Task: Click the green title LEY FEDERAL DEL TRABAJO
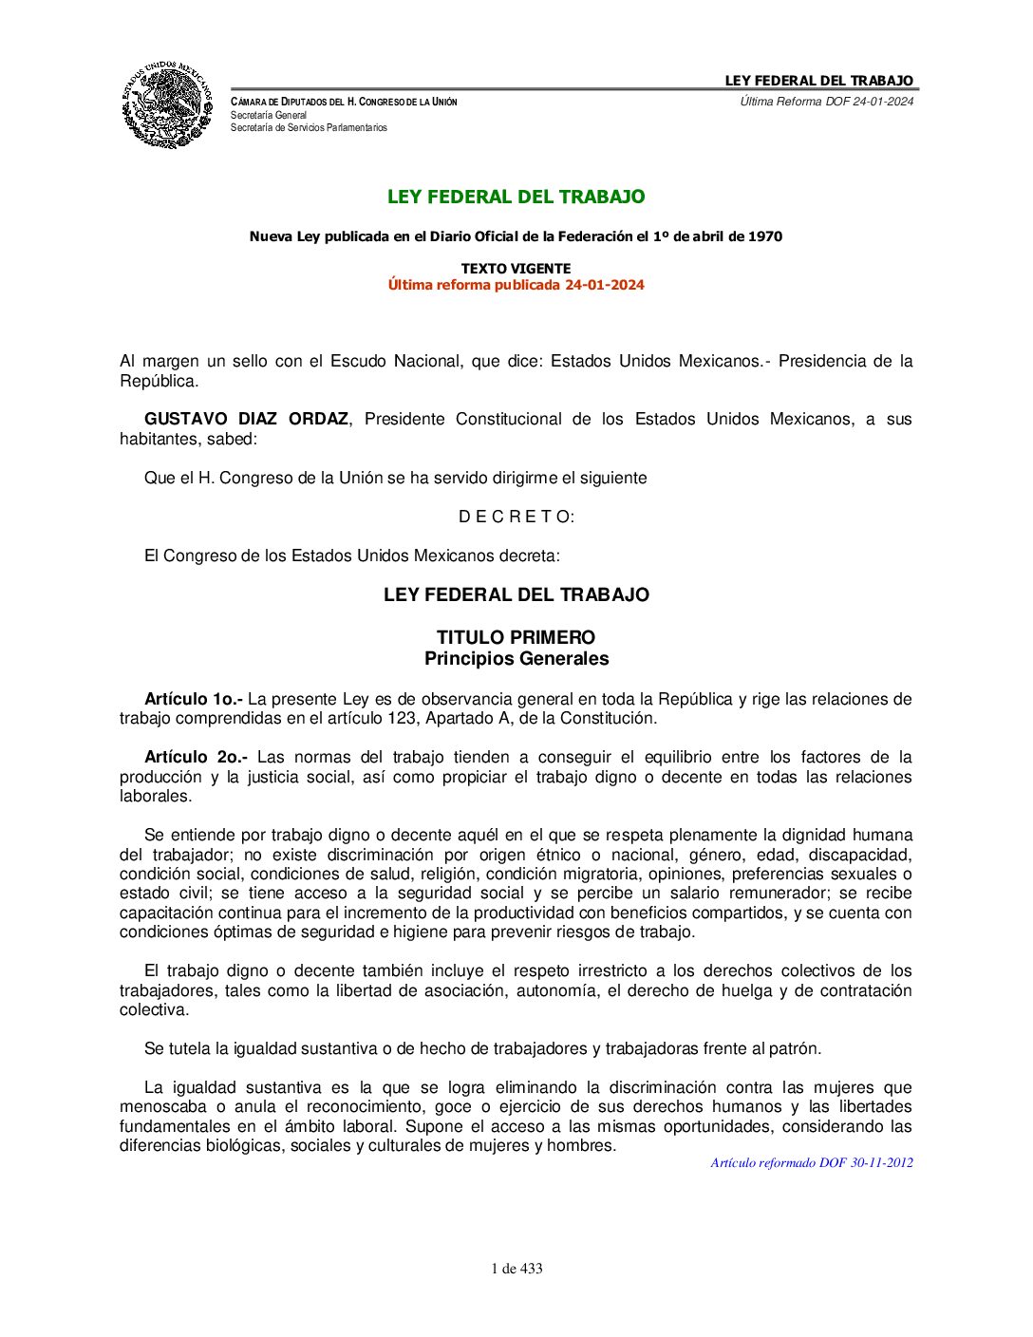[x=516, y=197]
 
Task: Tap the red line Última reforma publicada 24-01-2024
[x=516, y=285]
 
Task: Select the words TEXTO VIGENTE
[x=516, y=269]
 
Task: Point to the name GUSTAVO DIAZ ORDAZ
[x=246, y=419]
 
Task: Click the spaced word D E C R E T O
[x=516, y=517]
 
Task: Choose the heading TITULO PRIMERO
[x=516, y=637]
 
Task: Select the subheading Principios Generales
[x=516, y=658]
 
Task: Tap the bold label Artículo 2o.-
[x=196, y=757]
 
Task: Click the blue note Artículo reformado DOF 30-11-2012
[x=812, y=1162]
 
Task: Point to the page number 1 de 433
[x=516, y=1269]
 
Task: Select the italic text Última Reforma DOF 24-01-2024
[x=826, y=102]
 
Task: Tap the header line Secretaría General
[x=269, y=115]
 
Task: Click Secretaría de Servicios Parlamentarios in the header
[x=309, y=127]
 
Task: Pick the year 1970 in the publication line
[x=764, y=236]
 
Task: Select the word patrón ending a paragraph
[x=795, y=1048]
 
